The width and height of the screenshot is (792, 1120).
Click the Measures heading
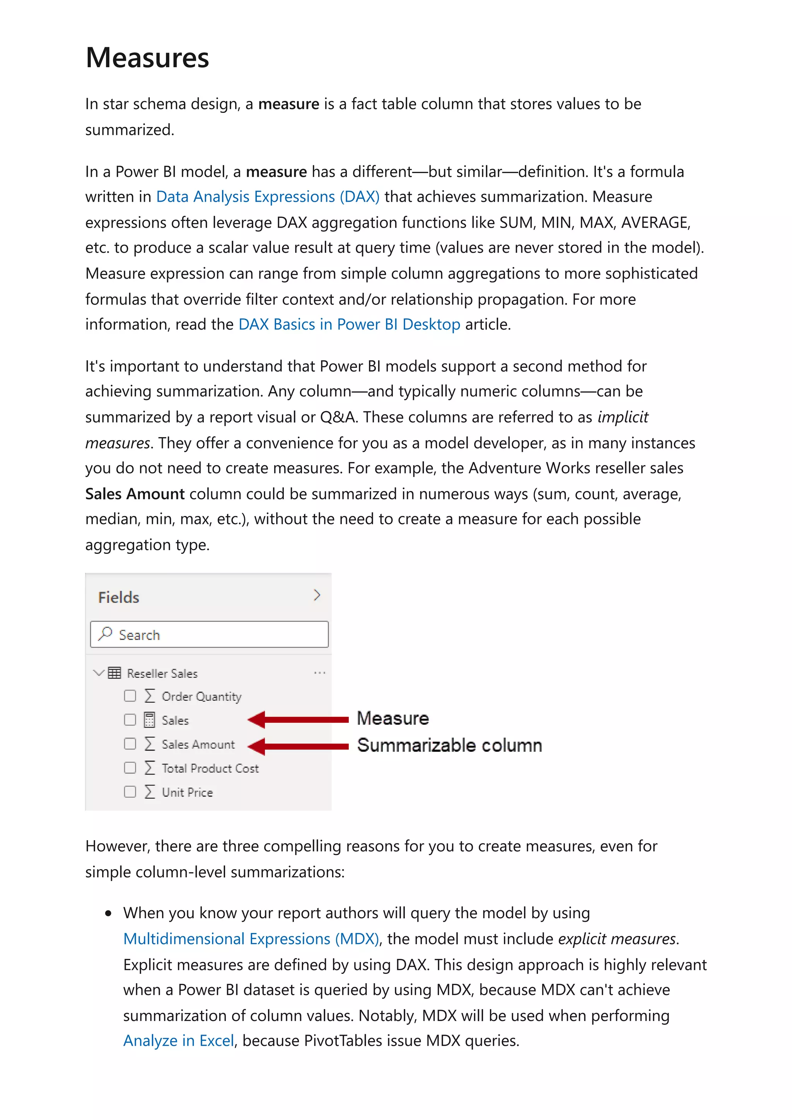pyautogui.click(x=147, y=58)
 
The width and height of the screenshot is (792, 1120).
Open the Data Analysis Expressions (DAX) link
pyautogui.click(x=267, y=197)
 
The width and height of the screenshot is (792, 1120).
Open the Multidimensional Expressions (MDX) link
pyautogui.click(x=251, y=939)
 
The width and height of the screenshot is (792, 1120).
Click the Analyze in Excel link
pyautogui.click(x=179, y=1041)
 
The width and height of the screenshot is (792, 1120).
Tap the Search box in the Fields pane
pyautogui.click(x=209, y=635)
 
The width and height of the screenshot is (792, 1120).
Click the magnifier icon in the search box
pyautogui.click(x=105, y=634)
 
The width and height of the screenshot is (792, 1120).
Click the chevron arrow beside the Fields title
pyautogui.click(x=317, y=595)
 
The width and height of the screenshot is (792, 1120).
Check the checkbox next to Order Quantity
pyautogui.click(x=130, y=696)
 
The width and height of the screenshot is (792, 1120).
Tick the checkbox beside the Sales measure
pyautogui.click(x=130, y=720)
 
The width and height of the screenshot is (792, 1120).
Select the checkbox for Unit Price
pyautogui.click(x=130, y=792)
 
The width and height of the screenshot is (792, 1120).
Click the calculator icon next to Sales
pyautogui.click(x=149, y=720)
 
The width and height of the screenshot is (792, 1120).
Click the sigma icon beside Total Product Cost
pyautogui.click(x=149, y=768)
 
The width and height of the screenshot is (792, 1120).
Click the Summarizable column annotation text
pyautogui.click(x=449, y=746)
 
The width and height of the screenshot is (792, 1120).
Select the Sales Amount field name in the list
pyautogui.click(x=198, y=744)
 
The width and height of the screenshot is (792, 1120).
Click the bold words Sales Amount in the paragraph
pyautogui.click(x=135, y=494)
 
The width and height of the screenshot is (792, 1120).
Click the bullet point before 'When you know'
pyautogui.click(x=108, y=914)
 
